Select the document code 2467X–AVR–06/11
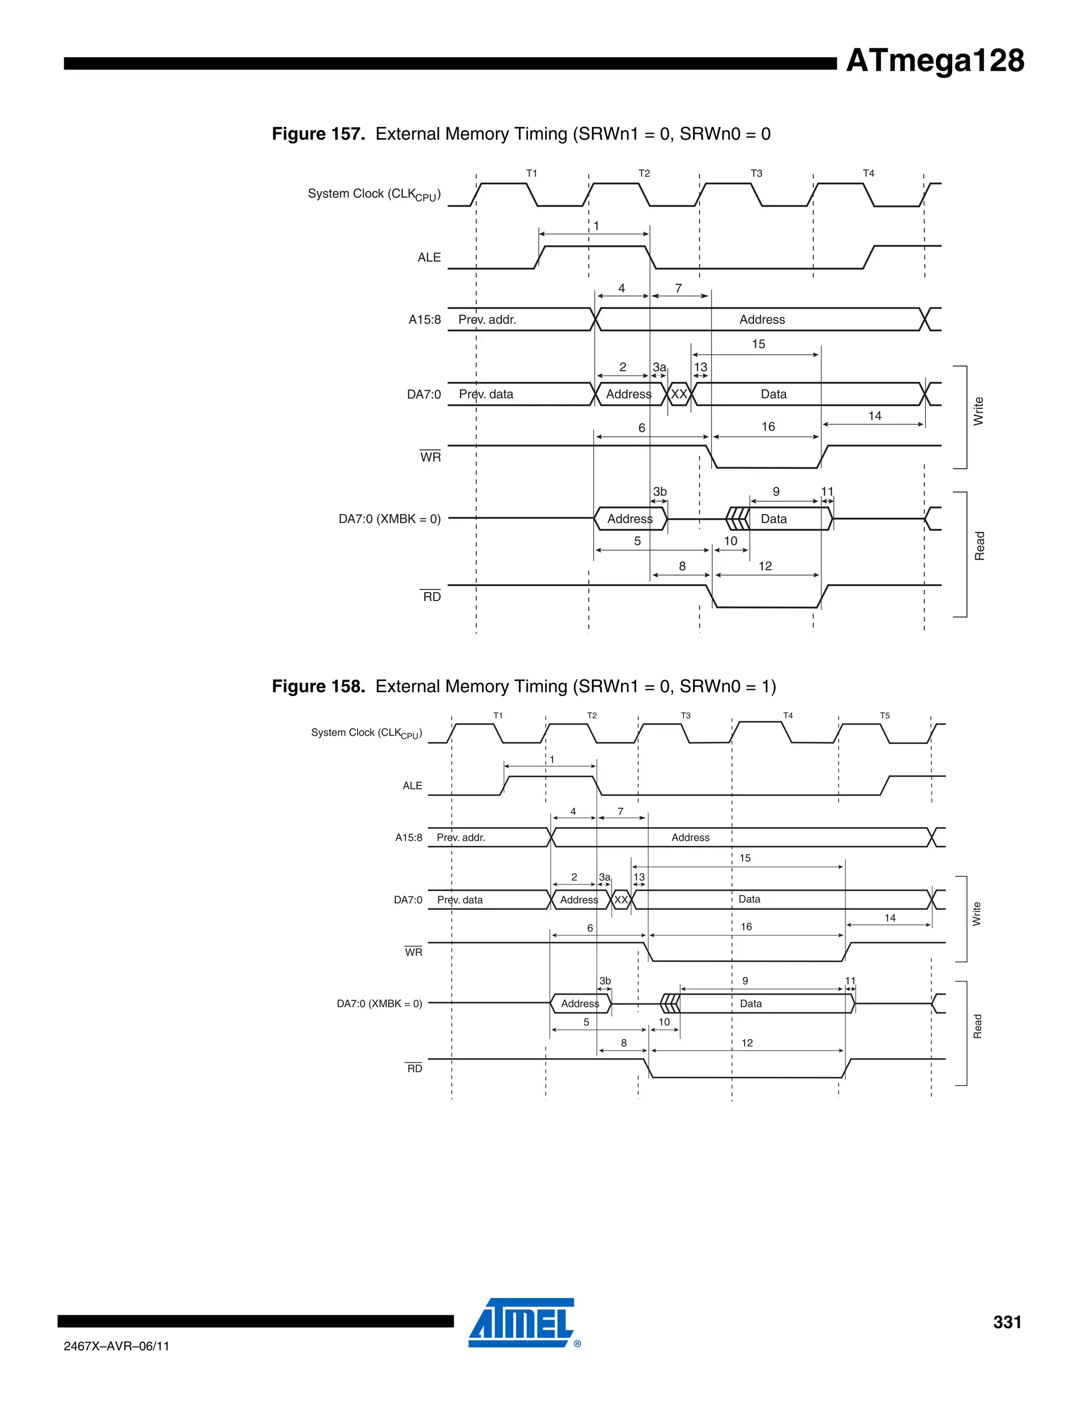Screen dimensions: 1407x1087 117,1346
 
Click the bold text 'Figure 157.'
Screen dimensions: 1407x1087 318,134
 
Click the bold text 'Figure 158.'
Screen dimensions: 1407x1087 318,686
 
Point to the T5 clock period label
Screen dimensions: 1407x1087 885,716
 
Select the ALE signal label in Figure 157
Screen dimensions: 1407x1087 429,258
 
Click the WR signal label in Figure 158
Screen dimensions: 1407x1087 413,952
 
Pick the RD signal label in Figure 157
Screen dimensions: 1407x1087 432,597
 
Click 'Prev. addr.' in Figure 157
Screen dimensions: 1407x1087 487,320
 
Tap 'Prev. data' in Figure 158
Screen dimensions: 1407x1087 460,900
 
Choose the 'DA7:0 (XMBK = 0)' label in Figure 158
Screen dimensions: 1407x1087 379,1003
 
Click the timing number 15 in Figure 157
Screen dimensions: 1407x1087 758,344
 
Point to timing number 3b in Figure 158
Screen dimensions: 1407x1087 605,981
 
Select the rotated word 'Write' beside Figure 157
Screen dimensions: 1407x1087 978,411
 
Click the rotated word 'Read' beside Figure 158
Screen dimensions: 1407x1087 977,1026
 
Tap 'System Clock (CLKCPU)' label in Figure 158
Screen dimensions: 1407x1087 366,733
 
